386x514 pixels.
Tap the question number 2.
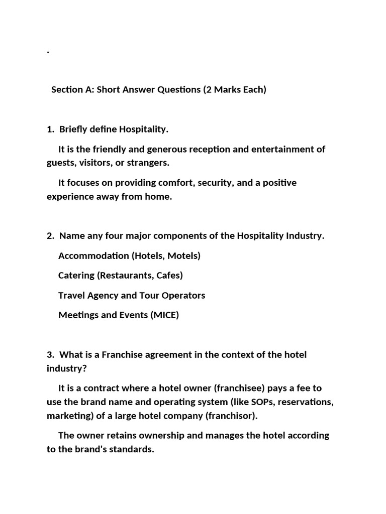coord(50,236)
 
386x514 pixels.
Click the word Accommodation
coord(93,256)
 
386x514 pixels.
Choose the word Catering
coord(76,276)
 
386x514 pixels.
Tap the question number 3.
coord(50,355)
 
